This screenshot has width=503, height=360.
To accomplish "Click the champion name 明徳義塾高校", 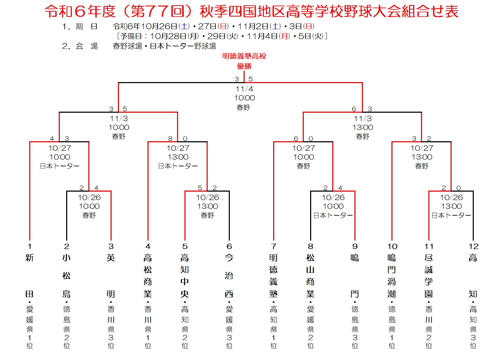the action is (x=244, y=56).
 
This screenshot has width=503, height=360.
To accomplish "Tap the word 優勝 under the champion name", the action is (x=244, y=66).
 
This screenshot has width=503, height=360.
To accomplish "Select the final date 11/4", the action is (x=244, y=89).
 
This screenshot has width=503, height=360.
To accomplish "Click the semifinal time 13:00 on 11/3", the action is (x=363, y=128).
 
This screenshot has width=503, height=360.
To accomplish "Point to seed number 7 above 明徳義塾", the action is (x=273, y=246).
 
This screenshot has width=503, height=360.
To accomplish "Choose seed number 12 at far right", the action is (x=473, y=246).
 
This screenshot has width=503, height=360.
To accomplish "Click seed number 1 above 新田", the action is (x=30, y=246).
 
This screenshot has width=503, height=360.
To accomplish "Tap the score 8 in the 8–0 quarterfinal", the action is (x=170, y=139).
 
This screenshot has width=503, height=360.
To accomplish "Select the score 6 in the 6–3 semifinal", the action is (x=354, y=109).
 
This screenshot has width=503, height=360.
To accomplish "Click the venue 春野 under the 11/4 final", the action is (x=243, y=107).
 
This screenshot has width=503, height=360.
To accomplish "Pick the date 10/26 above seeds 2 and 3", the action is (x=89, y=197).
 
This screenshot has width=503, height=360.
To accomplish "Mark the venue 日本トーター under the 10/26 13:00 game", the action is (x=451, y=215).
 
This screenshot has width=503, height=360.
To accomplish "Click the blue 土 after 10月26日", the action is (x=185, y=26).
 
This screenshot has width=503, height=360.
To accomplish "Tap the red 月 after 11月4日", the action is (x=284, y=36).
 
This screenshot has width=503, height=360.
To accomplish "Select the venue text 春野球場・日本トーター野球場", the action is (x=164, y=46).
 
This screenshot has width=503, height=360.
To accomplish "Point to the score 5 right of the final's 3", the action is (x=250, y=79).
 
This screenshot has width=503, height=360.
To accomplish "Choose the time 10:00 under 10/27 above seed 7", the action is (x=304, y=157).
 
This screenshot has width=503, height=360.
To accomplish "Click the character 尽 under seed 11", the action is (x=428, y=258).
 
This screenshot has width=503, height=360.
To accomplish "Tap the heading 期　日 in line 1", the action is (x=87, y=26).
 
